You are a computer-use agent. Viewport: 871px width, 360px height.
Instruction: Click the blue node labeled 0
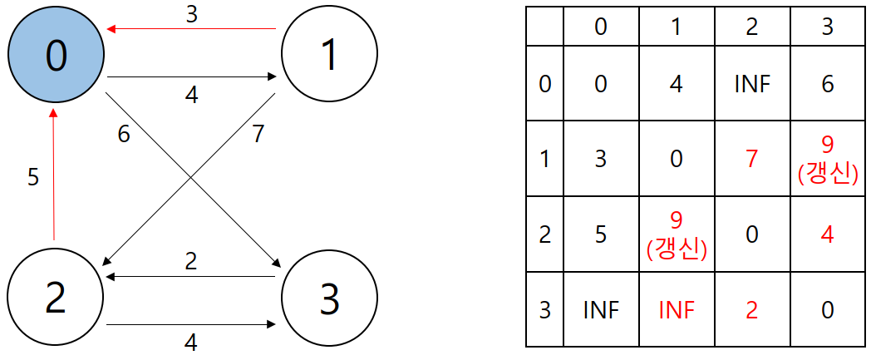coord(56,54)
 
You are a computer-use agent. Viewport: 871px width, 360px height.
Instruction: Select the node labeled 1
coord(329,54)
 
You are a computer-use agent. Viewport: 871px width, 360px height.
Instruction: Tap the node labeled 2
coord(56,299)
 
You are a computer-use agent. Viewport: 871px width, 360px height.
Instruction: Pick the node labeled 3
coord(329,299)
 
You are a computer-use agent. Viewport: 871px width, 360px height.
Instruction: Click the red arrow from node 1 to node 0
coord(192,27)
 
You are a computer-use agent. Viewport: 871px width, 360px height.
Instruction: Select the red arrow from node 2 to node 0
coord(53,175)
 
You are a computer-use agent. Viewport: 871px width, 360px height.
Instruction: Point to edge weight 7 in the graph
coord(257,135)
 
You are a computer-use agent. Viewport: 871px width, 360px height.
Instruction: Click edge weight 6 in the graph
coord(123,135)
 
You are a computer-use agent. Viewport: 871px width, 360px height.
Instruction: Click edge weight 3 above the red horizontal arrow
coord(192,14)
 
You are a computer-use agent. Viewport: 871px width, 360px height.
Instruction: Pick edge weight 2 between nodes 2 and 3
coord(192,261)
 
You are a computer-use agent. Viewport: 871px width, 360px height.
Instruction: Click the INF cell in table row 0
coord(751,84)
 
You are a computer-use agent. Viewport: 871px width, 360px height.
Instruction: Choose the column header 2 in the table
coord(751,27)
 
